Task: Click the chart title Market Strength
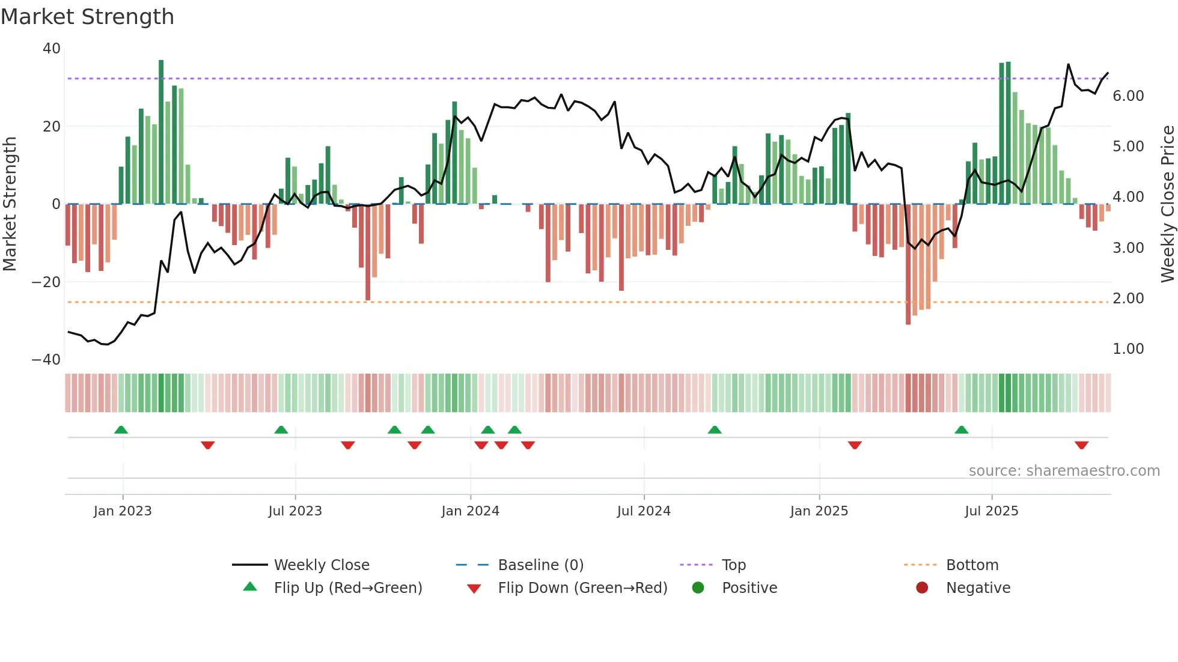pyautogui.click(x=87, y=17)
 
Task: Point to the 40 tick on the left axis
pyautogui.click(x=52, y=49)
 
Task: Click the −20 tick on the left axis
pyautogui.click(x=46, y=282)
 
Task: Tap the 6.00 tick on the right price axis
pyautogui.click(x=1128, y=96)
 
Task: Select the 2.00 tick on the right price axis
pyautogui.click(x=1128, y=299)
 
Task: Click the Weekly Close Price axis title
pyautogui.click(x=1167, y=204)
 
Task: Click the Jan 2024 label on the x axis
pyautogui.click(x=470, y=511)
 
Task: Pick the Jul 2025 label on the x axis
pyautogui.click(x=992, y=511)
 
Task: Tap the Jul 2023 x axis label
pyautogui.click(x=295, y=511)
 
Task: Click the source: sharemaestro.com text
pyautogui.click(x=1064, y=471)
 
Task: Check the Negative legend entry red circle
pyautogui.click(x=922, y=588)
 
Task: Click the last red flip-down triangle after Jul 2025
pyautogui.click(x=1081, y=445)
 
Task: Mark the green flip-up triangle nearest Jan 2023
pyautogui.click(x=121, y=430)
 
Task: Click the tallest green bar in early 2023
pyautogui.click(x=161, y=132)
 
